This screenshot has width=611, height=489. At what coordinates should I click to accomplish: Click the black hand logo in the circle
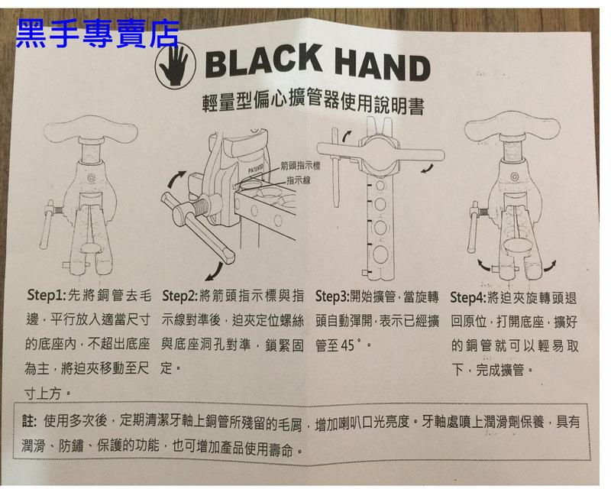click(x=175, y=65)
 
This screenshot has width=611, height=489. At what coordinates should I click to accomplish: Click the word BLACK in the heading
click(x=263, y=61)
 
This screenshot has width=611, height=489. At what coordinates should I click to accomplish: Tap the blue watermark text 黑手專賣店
click(x=98, y=34)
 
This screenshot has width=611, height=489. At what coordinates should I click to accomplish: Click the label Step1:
click(x=47, y=295)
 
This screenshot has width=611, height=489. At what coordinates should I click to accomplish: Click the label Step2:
click(x=180, y=296)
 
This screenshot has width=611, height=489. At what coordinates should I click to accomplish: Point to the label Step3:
click(x=332, y=296)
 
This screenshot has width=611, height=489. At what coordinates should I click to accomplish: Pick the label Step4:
click(x=468, y=298)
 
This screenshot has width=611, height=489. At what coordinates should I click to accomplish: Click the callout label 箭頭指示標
click(x=300, y=166)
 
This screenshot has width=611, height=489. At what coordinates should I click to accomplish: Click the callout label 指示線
click(x=299, y=180)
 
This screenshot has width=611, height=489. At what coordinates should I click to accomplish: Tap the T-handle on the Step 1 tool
click(x=91, y=129)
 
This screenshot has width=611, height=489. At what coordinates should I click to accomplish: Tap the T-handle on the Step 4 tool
click(x=512, y=127)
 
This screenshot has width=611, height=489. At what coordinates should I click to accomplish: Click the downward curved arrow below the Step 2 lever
click(x=215, y=271)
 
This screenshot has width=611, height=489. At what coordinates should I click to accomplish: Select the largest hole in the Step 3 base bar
click(x=379, y=254)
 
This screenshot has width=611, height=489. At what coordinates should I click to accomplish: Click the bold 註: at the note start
click(x=29, y=421)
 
